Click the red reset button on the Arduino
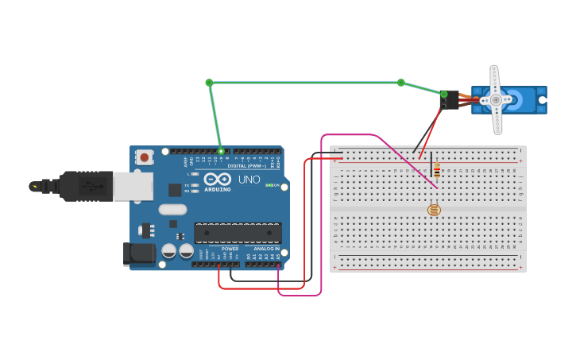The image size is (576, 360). [144, 157]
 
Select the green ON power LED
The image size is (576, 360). [269, 185]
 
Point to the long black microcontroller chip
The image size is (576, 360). [238, 233]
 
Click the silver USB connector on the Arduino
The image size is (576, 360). [133, 186]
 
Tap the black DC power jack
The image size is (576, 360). [137, 254]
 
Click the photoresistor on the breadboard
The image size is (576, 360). [433, 210]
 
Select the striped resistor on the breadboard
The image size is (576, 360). [436, 170]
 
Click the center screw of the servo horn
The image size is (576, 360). [496, 99]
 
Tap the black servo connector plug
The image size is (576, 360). [450, 100]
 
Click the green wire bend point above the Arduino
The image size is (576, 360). [209, 83]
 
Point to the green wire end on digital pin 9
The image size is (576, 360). [221, 150]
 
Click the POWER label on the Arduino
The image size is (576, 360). [230, 249]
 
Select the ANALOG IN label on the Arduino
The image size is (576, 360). [266, 249]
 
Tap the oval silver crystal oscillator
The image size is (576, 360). [172, 210]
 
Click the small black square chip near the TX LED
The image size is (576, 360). [175, 190]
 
